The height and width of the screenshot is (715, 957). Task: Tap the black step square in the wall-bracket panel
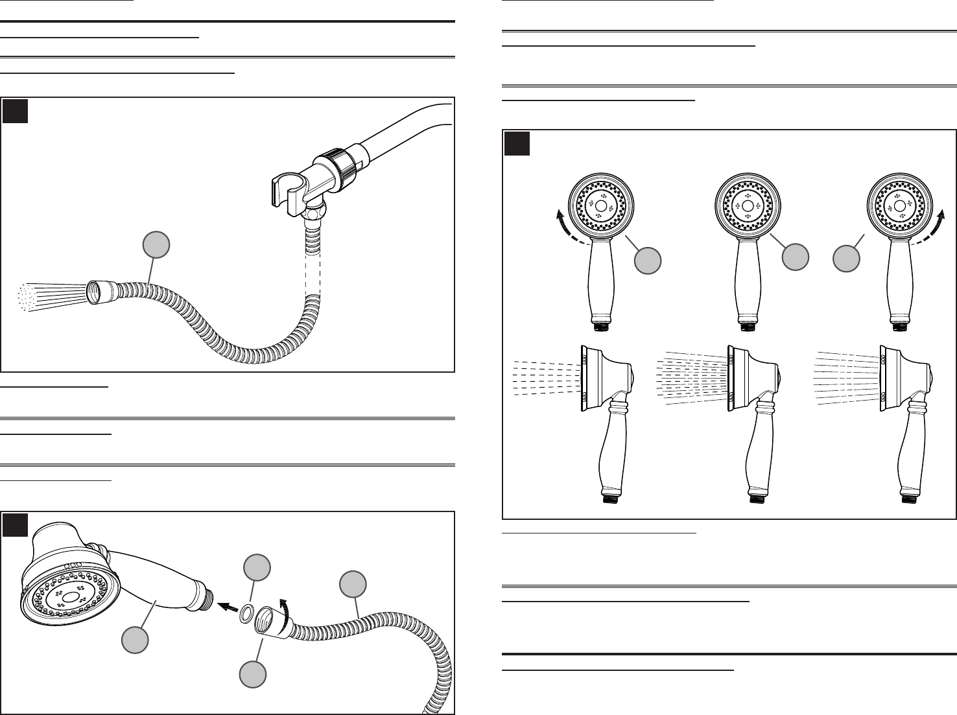click(15, 111)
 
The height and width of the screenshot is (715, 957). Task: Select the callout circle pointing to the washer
click(256, 568)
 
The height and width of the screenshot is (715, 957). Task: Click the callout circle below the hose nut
click(253, 674)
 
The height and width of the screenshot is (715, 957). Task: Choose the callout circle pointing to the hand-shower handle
click(136, 639)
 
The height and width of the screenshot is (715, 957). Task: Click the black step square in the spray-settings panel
click(517, 144)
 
